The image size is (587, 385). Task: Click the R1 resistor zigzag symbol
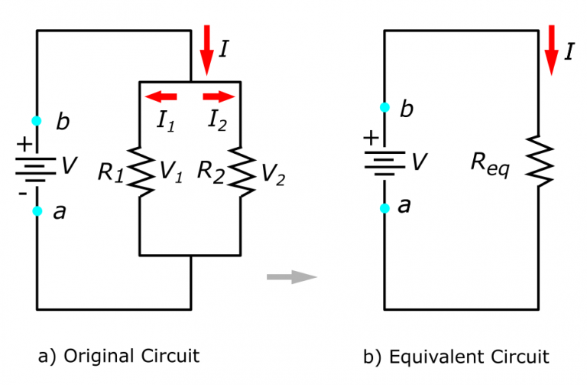click(x=139, y=171)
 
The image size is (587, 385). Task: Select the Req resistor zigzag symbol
click(x=540, y=162)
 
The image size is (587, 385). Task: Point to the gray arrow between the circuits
click(x=291, y=276)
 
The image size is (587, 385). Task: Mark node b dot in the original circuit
click(x=36, y=121)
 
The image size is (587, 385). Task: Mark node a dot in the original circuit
click(x=36, y=211)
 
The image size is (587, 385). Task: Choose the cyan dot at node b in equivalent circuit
click(x=384, y=107)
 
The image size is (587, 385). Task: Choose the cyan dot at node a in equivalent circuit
click(x=384, y=207)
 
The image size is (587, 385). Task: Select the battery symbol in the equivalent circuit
click(x=384, y=161)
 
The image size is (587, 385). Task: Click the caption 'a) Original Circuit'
click(x=118, y=356)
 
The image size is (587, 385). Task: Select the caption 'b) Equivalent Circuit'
click(x=456, y=356)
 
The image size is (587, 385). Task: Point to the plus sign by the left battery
click(x=25, y=142)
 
